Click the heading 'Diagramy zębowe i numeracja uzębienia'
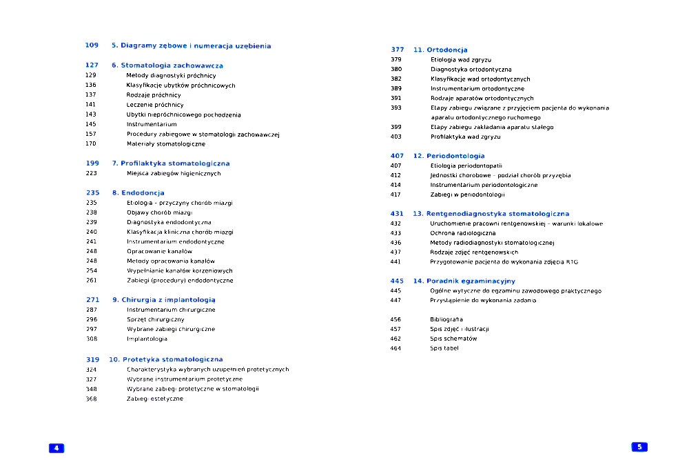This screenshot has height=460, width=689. coord(191,46)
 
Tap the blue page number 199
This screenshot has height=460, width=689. coord(92,163)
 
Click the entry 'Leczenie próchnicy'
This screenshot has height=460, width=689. coord(155,105)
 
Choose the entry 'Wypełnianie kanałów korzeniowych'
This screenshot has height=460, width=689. coord(179,271)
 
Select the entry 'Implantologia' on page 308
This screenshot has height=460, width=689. coord(147,339)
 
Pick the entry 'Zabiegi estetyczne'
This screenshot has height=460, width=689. coord(155,399)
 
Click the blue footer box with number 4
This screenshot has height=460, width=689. coord(56,448)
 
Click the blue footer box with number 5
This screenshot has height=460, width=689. coord(639,447)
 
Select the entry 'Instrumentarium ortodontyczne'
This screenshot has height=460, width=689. coord(477,88)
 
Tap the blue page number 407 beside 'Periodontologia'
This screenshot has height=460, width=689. coord(397,156)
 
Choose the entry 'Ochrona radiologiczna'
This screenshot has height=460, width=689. coord(463,233)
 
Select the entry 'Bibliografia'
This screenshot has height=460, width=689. coord(446,319)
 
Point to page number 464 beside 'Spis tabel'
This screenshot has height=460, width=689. coord(395,348)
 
